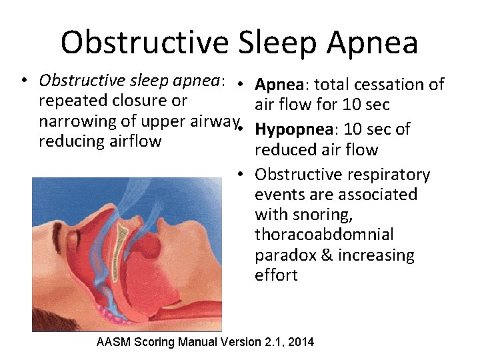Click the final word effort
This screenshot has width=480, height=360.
[x=276, y=275]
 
